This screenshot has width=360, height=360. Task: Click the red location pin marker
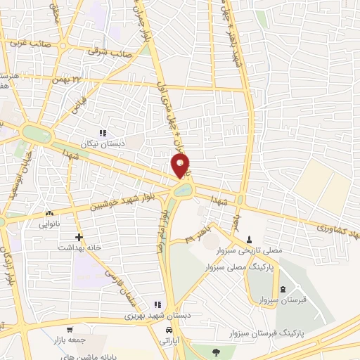[x=181, y=165]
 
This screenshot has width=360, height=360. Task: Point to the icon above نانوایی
[x=49, y=212]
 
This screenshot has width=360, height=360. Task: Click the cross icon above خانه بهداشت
[x=79, y=237]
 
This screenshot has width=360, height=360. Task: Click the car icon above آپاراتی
[x=169, y=330]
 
